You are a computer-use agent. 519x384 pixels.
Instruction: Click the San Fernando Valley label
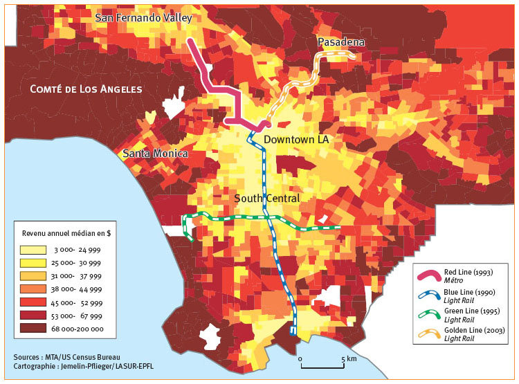pos(144,17)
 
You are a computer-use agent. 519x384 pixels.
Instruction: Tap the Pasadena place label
pos(340,43)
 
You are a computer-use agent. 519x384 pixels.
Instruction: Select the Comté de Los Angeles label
pos(86,89)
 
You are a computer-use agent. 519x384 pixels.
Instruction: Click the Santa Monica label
pos(155,154)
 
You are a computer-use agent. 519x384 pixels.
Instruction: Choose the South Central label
pos(267,199)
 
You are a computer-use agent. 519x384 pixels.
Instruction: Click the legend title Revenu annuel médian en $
pos(67,233)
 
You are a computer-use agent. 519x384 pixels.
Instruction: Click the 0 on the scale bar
pos(301,360)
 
